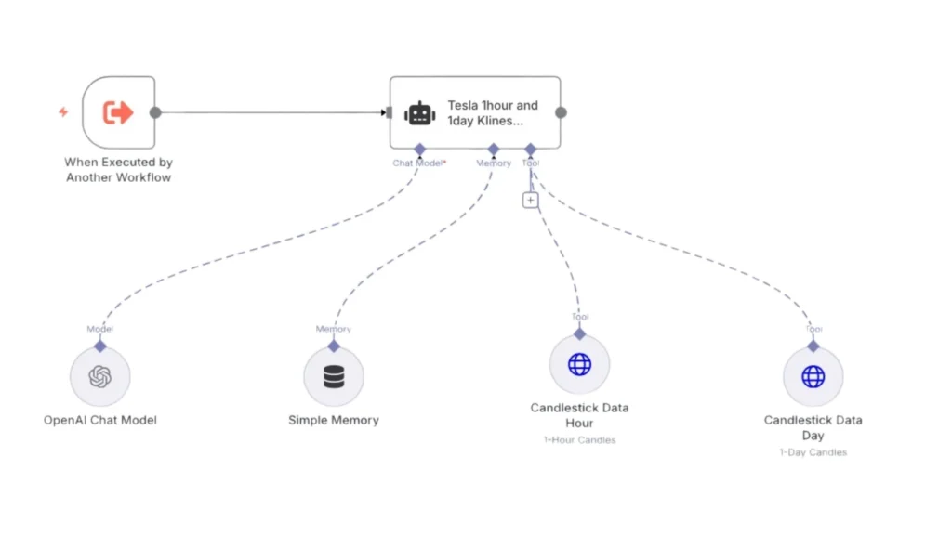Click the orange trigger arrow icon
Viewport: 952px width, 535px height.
[118, 113]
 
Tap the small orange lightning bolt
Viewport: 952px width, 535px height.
[63, 112]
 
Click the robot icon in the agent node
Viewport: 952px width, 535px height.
[420, 113]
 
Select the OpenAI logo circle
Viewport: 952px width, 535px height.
[100, 376]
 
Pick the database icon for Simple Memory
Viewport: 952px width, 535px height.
[334, 377]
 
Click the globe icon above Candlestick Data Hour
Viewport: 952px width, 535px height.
[579, 364]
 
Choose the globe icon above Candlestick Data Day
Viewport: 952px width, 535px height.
[813, 376]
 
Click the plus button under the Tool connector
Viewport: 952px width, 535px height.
[530, 200]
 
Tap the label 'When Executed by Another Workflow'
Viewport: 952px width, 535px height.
[118, 170]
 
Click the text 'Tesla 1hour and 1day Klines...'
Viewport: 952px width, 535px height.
[493, 113]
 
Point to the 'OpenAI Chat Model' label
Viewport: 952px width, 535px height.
[100, 420]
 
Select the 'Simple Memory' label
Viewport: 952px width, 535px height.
[334, 420]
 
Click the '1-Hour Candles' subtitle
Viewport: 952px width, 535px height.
[579, 440]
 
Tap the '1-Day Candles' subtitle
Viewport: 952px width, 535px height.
[813, 452]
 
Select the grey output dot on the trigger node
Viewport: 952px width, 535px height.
[155, 113]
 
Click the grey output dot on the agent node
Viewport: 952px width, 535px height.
[561, 113]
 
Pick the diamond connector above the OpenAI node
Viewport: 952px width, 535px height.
[100, 346]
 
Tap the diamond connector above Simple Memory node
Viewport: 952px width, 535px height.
[334, 346]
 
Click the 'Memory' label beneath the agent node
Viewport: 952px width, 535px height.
[494, 163]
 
